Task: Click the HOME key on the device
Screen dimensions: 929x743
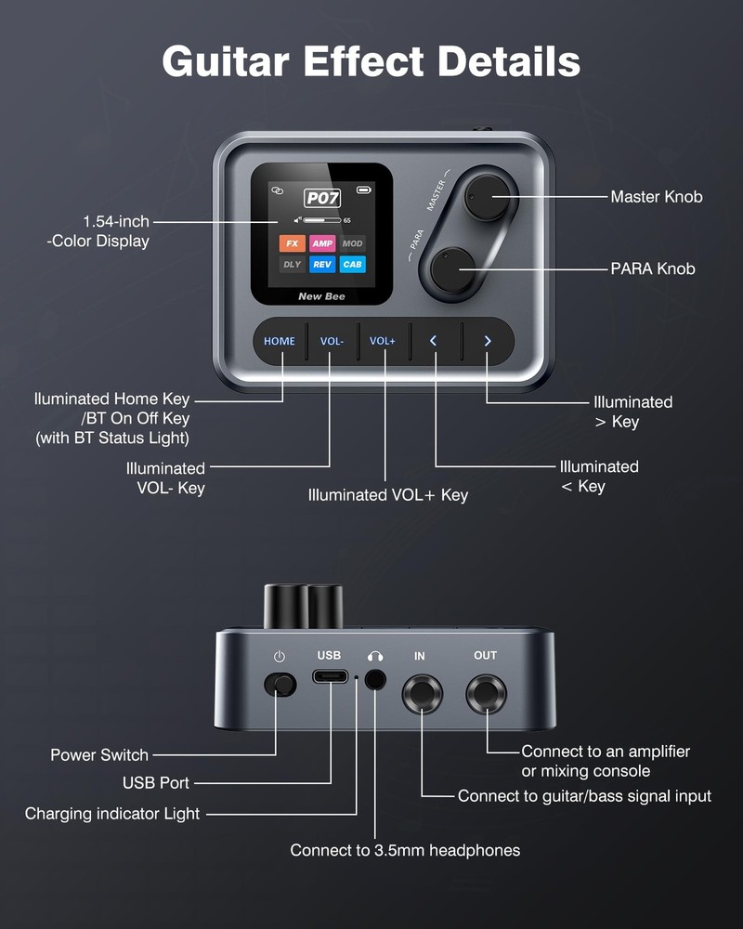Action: tap(279, 341)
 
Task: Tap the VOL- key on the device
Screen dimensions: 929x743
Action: tap(332, 341)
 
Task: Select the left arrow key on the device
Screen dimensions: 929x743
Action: tap(433, 341)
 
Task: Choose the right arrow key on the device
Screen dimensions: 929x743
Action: tap(487, 341)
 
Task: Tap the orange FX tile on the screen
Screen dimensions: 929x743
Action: tap(293, 243)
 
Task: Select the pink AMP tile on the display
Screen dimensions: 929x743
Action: tap(321, 243)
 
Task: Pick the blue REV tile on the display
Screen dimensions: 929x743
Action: tap(321, 265)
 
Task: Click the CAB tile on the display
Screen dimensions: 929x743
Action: tap(352, 265)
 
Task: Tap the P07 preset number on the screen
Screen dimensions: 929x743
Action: tap(322, 197)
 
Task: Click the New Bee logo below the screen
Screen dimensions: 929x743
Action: tap(319, 297)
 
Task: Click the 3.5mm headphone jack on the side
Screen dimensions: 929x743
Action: tap(375, 679)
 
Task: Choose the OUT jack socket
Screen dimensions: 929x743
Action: tap(486, 694)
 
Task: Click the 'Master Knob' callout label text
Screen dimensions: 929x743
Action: tap(656, 196)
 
